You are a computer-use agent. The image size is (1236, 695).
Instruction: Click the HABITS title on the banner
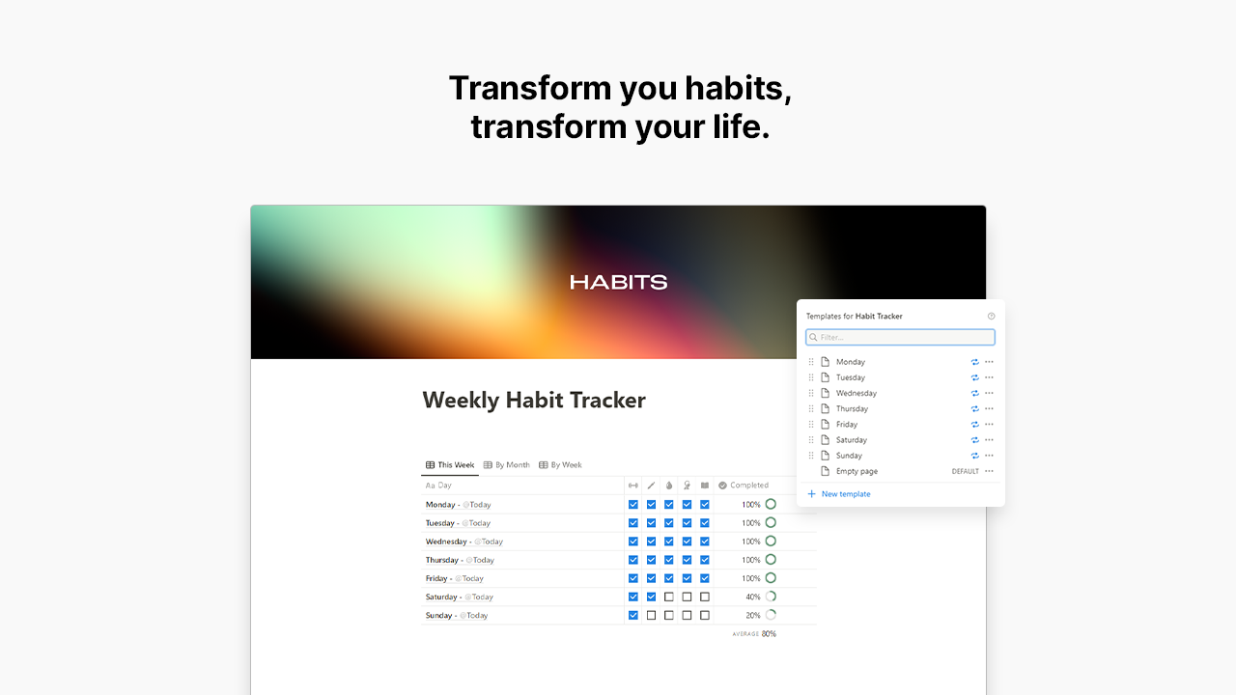pyautogui.click(x=618, y=282)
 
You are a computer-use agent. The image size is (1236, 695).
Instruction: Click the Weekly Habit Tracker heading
pyautogui.click(x=534, y=401)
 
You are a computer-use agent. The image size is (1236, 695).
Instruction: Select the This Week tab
pyautogui.click(x=451, y=465)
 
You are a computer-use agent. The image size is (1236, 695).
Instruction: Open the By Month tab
pyautogui.click(x=507, y=465)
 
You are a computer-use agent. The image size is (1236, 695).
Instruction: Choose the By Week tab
pyautogui.click(x=561, y=465)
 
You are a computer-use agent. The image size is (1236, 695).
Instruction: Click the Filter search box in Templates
pyautogui.click(x=900, y=337)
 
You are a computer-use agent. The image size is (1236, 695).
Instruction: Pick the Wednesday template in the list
pyautogui.click(x=856, y=393)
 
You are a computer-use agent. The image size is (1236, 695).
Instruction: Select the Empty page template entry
pyautogui.click(x=857, y=471)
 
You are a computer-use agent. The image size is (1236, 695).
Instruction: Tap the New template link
pyautogui.click(x=845, y=494)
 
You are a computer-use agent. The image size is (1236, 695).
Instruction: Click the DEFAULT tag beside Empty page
pyautogui.click(x=965, y=471)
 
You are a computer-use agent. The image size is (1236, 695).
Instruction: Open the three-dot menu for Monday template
pyautogui.click(x=989, y=362)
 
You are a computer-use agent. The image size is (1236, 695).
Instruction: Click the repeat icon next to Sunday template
pyautogui.click(x=974, y=456)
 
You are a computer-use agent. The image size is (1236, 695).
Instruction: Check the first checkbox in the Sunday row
pyautogui.click(x=633, y=615)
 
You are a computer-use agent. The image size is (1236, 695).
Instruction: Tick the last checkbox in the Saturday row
pyautogui.click(x=705, y=597)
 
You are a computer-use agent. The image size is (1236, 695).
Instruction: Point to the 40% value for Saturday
pyautogui.click(x=752, y=597)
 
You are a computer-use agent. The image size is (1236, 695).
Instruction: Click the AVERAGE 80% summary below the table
pyautogui.click(x=754, y=634)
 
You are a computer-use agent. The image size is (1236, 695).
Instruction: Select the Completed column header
pyautogui.click(x=748, y=486)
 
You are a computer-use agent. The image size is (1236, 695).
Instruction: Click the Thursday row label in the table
pyautogui.click(x=442, y=560)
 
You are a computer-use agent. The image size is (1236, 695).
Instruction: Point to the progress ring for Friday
pyautogui.click(x=771, y=578)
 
